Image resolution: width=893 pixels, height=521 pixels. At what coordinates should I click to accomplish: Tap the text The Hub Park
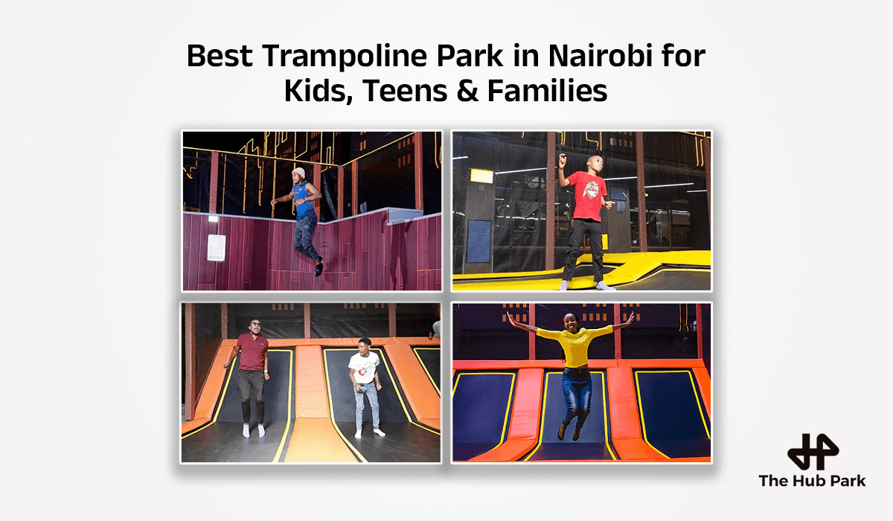(x=812, y=481)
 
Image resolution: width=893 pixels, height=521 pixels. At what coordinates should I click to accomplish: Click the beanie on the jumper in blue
(x=298, y=173)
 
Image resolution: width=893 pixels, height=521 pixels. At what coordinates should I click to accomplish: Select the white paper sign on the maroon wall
(x=216, y=247)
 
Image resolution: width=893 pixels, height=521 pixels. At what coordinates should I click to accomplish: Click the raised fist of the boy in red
(x=563, y=158)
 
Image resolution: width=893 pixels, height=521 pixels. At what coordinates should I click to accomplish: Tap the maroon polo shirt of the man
(x=252, y=351)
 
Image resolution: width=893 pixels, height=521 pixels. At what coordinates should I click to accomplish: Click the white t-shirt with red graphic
(x=365, y=367)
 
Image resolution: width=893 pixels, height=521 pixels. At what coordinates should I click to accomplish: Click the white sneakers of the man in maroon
(x=252, y=431)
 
